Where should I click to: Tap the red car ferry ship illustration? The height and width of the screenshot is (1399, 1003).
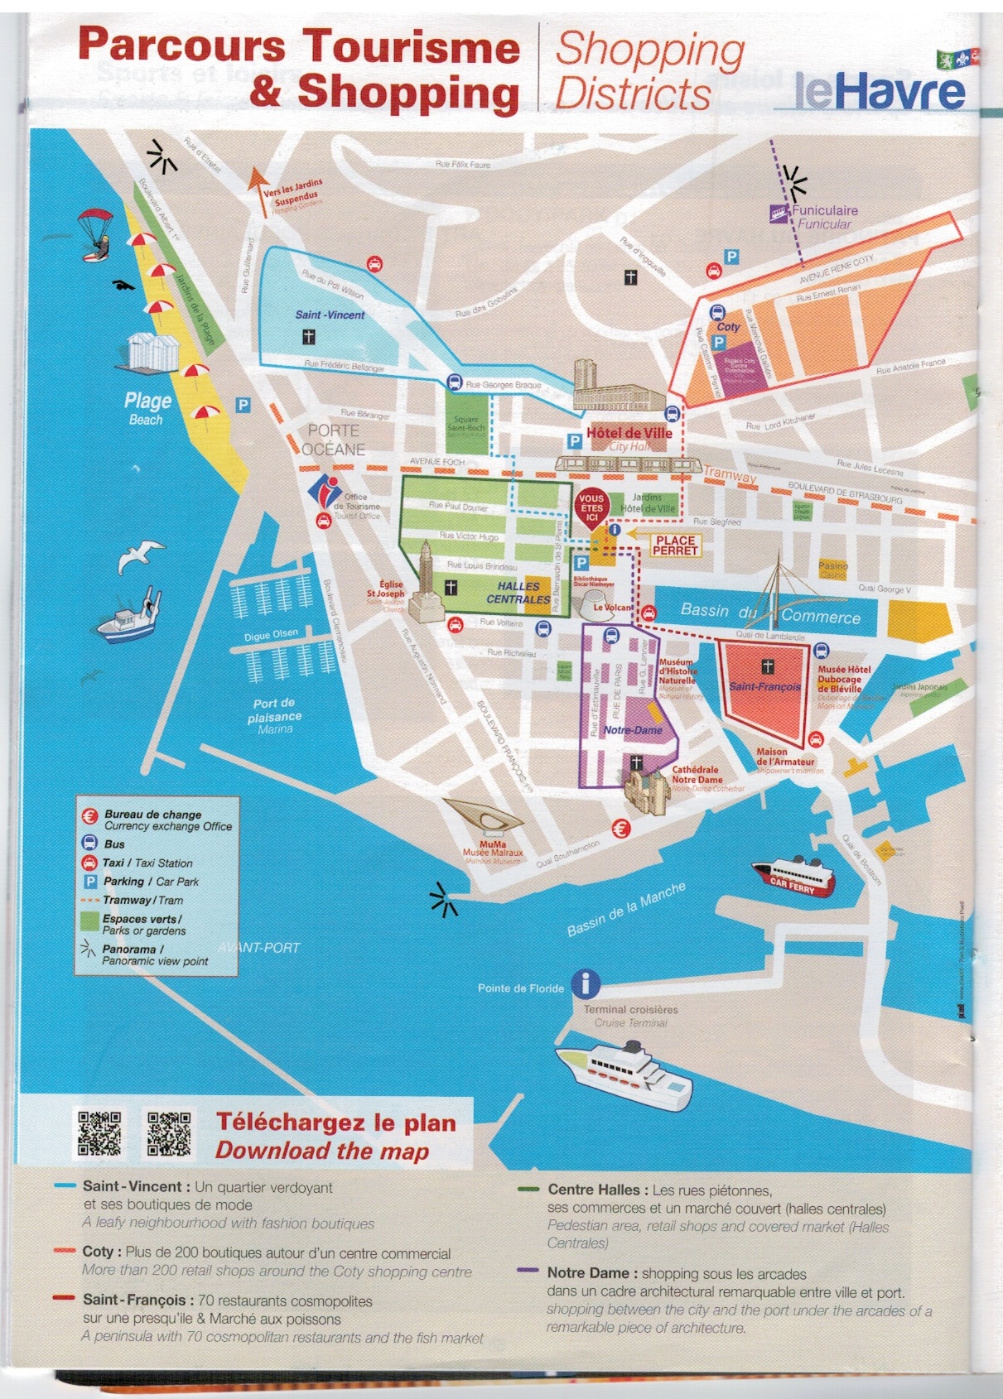tap(794, 877)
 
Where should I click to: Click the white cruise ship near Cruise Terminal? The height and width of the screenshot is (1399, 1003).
tap(623, 1074)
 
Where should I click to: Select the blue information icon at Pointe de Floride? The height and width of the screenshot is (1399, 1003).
tap(586, 983)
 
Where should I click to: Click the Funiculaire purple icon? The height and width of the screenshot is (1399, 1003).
tap(779, 214)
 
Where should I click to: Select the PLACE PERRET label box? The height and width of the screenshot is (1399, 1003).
tap(675, 545)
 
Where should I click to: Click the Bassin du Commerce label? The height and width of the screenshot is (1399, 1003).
tap(770, 613)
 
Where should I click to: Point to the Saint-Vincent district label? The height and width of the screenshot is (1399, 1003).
tap(330, 315)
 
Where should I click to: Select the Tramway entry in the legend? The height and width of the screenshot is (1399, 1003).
tap(141, 900)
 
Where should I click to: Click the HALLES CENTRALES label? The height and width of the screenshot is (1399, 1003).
tap(518, 593)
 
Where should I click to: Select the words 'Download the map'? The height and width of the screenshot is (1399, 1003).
tap(322, 1151)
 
